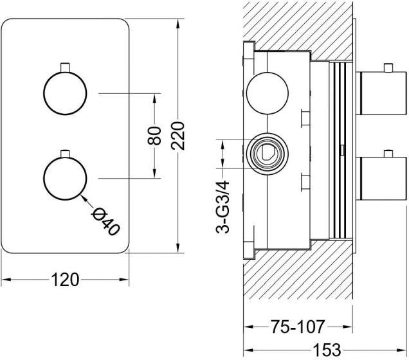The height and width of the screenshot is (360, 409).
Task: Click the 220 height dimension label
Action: click(x=178, y=136)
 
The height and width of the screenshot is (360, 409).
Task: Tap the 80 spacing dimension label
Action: click(x=154, y=136)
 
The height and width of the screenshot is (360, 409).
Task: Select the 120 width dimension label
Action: click(x=65, y=280)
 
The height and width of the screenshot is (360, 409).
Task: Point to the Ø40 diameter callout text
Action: click(x=105, y=222)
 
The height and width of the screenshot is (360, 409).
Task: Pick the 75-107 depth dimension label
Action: click(x=298, y=327)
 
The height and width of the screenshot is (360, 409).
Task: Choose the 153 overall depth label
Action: click(x=327, y=350)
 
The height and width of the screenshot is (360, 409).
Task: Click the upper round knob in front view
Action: click(x=65, y=93)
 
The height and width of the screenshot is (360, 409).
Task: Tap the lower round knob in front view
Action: click(x=65, y=179)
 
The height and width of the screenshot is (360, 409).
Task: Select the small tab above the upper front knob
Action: click(x=65, y=67)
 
